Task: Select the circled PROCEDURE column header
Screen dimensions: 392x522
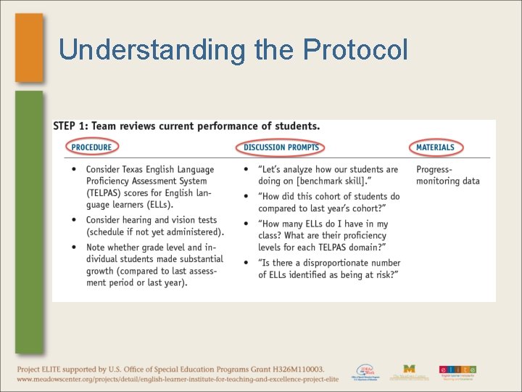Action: [91, 147]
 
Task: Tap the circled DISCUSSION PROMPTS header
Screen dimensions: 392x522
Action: [281, 147]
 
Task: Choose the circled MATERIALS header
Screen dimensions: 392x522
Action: [435, 147]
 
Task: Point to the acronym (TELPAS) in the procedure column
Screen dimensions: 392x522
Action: [108, 193]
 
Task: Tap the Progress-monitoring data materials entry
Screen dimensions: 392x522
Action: [447, 175]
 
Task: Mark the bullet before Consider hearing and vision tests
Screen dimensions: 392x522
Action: [75, 220]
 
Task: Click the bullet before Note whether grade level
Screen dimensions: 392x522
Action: [75, 247]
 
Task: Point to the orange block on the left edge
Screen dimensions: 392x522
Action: [29, 47]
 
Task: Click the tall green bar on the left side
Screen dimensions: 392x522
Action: [29, 218]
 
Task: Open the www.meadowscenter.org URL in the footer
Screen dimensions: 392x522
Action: [177, 379]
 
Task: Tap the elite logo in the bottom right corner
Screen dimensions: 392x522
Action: [457, 372]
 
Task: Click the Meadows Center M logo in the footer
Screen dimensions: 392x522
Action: [409, 371]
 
